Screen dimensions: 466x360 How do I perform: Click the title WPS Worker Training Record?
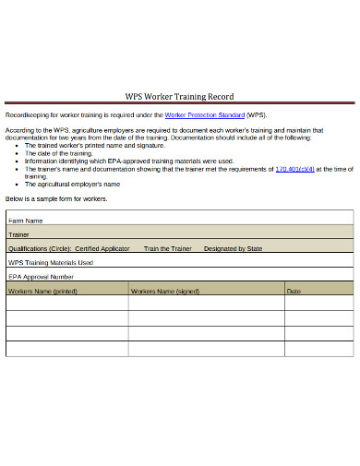(x=179, y=96)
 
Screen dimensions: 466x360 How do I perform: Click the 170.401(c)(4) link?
(x=295, y=169)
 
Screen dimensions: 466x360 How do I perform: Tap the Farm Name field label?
(x=26, y=221)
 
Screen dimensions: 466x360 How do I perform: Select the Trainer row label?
(x=19, y=235)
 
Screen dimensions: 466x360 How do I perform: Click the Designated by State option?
(x=233, y=248)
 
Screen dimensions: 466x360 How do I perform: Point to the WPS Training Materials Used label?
(x=51, y=262)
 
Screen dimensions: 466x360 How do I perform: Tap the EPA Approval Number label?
(x=41, y=276)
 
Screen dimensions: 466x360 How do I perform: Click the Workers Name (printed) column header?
(x=42, y=291)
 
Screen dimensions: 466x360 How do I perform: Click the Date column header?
(x=294, y=291)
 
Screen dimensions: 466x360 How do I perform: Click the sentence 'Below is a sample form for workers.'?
(x=56, y=199)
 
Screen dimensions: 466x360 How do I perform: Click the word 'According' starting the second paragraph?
(x=21, y=131)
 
